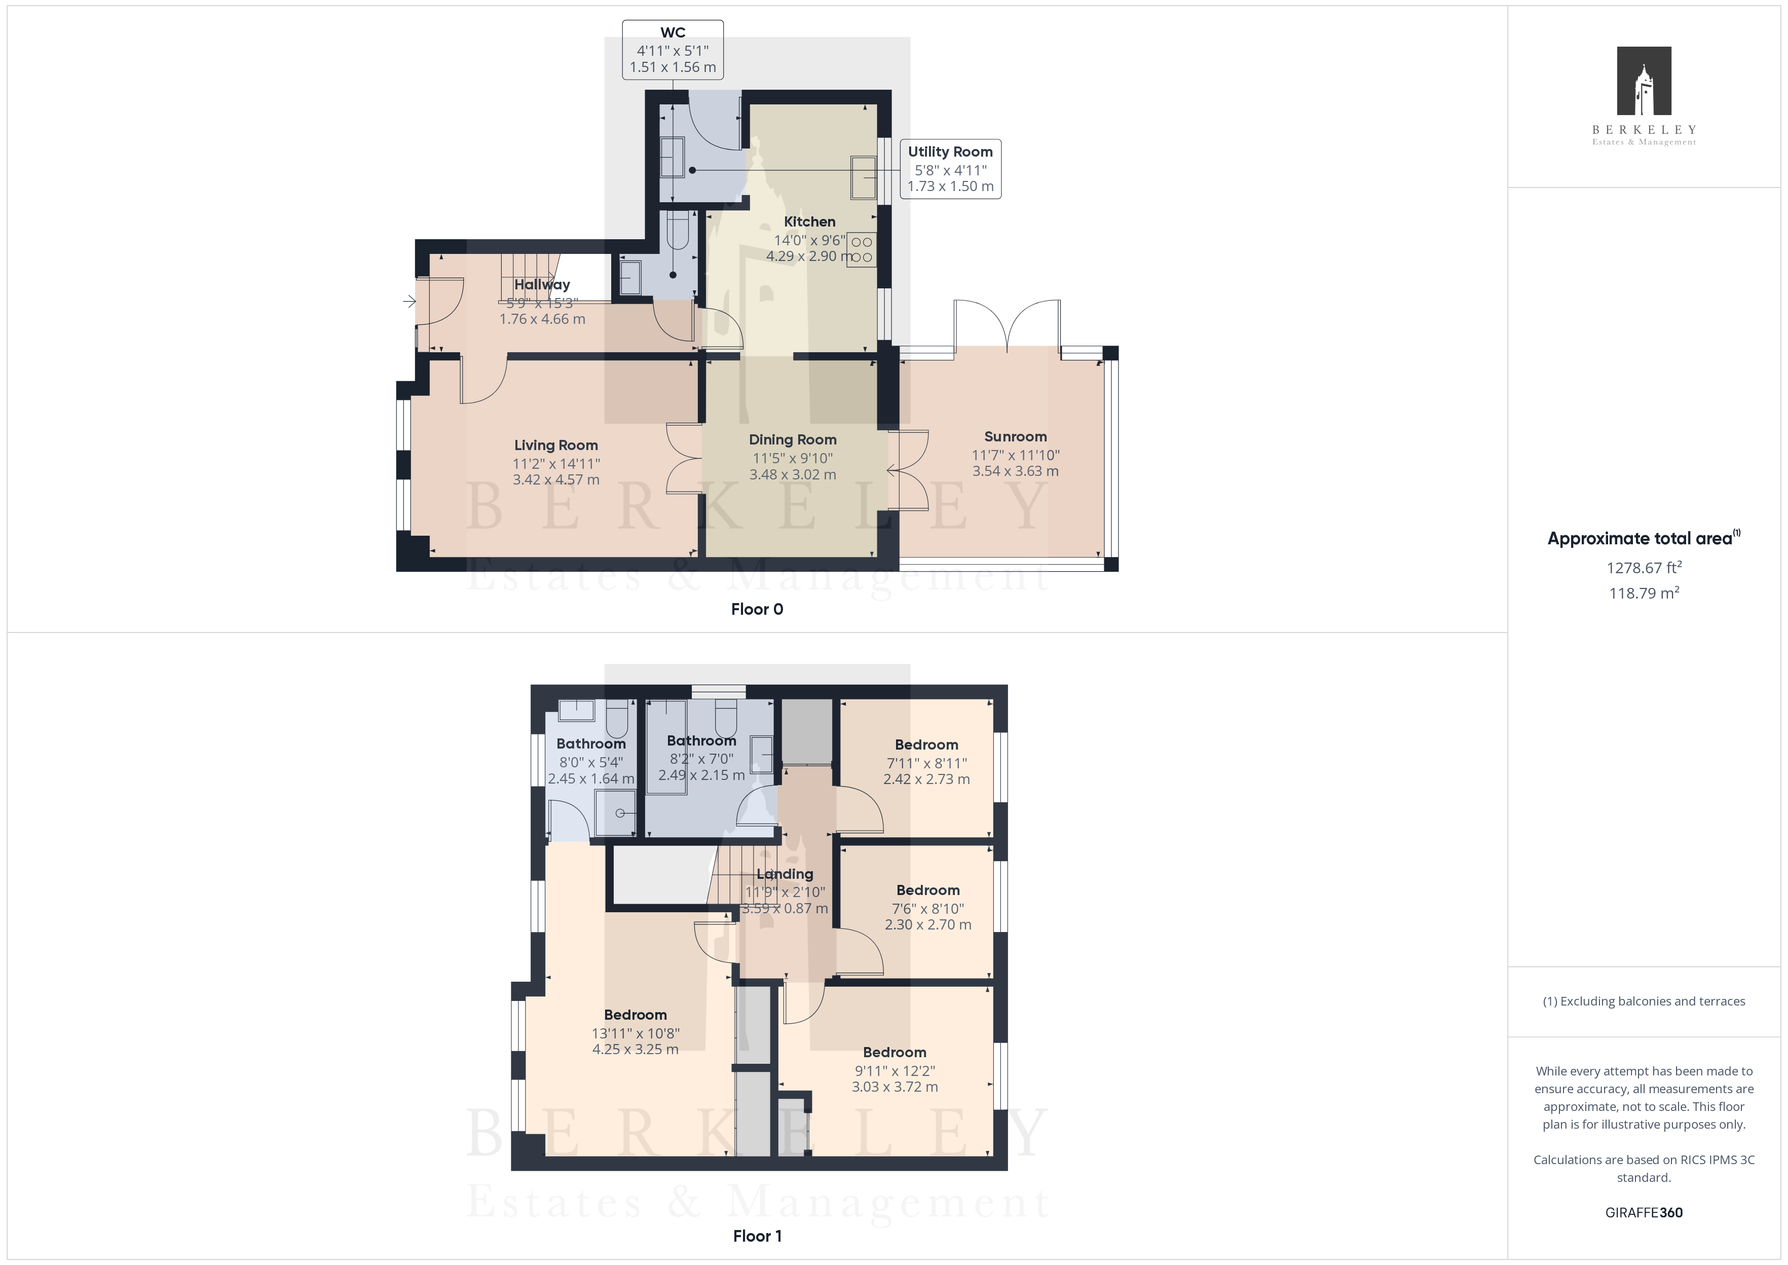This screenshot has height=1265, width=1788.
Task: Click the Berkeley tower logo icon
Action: coord(1644,81)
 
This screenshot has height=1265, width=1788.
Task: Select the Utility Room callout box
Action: coord(950,169)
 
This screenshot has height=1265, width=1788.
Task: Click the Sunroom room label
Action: coord(1016,437)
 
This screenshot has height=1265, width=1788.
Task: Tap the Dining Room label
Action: coord(793,440)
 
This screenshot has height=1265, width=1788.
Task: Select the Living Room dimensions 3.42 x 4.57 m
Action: coord(556,480)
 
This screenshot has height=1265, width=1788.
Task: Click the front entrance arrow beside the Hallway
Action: coord(409,302)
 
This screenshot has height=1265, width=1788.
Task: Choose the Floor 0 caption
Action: coord(757,609)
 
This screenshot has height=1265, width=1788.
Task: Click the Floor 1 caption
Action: coord(757,1236)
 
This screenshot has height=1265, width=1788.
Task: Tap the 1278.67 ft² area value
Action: coord(1644,568)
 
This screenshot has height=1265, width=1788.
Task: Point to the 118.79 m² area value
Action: coord(1644,593)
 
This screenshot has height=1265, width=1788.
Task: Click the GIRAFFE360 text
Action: coord(1644,1213)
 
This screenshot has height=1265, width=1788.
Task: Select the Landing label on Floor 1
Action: coord(785,874)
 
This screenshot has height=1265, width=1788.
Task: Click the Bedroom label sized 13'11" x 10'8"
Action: coord(636,1015)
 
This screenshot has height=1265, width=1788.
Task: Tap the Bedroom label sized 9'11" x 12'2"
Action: coord(895,1052)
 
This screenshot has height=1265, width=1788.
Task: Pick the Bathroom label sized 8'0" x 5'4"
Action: coord(591,744)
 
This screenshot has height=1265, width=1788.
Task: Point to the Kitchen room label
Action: coord(810,222)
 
